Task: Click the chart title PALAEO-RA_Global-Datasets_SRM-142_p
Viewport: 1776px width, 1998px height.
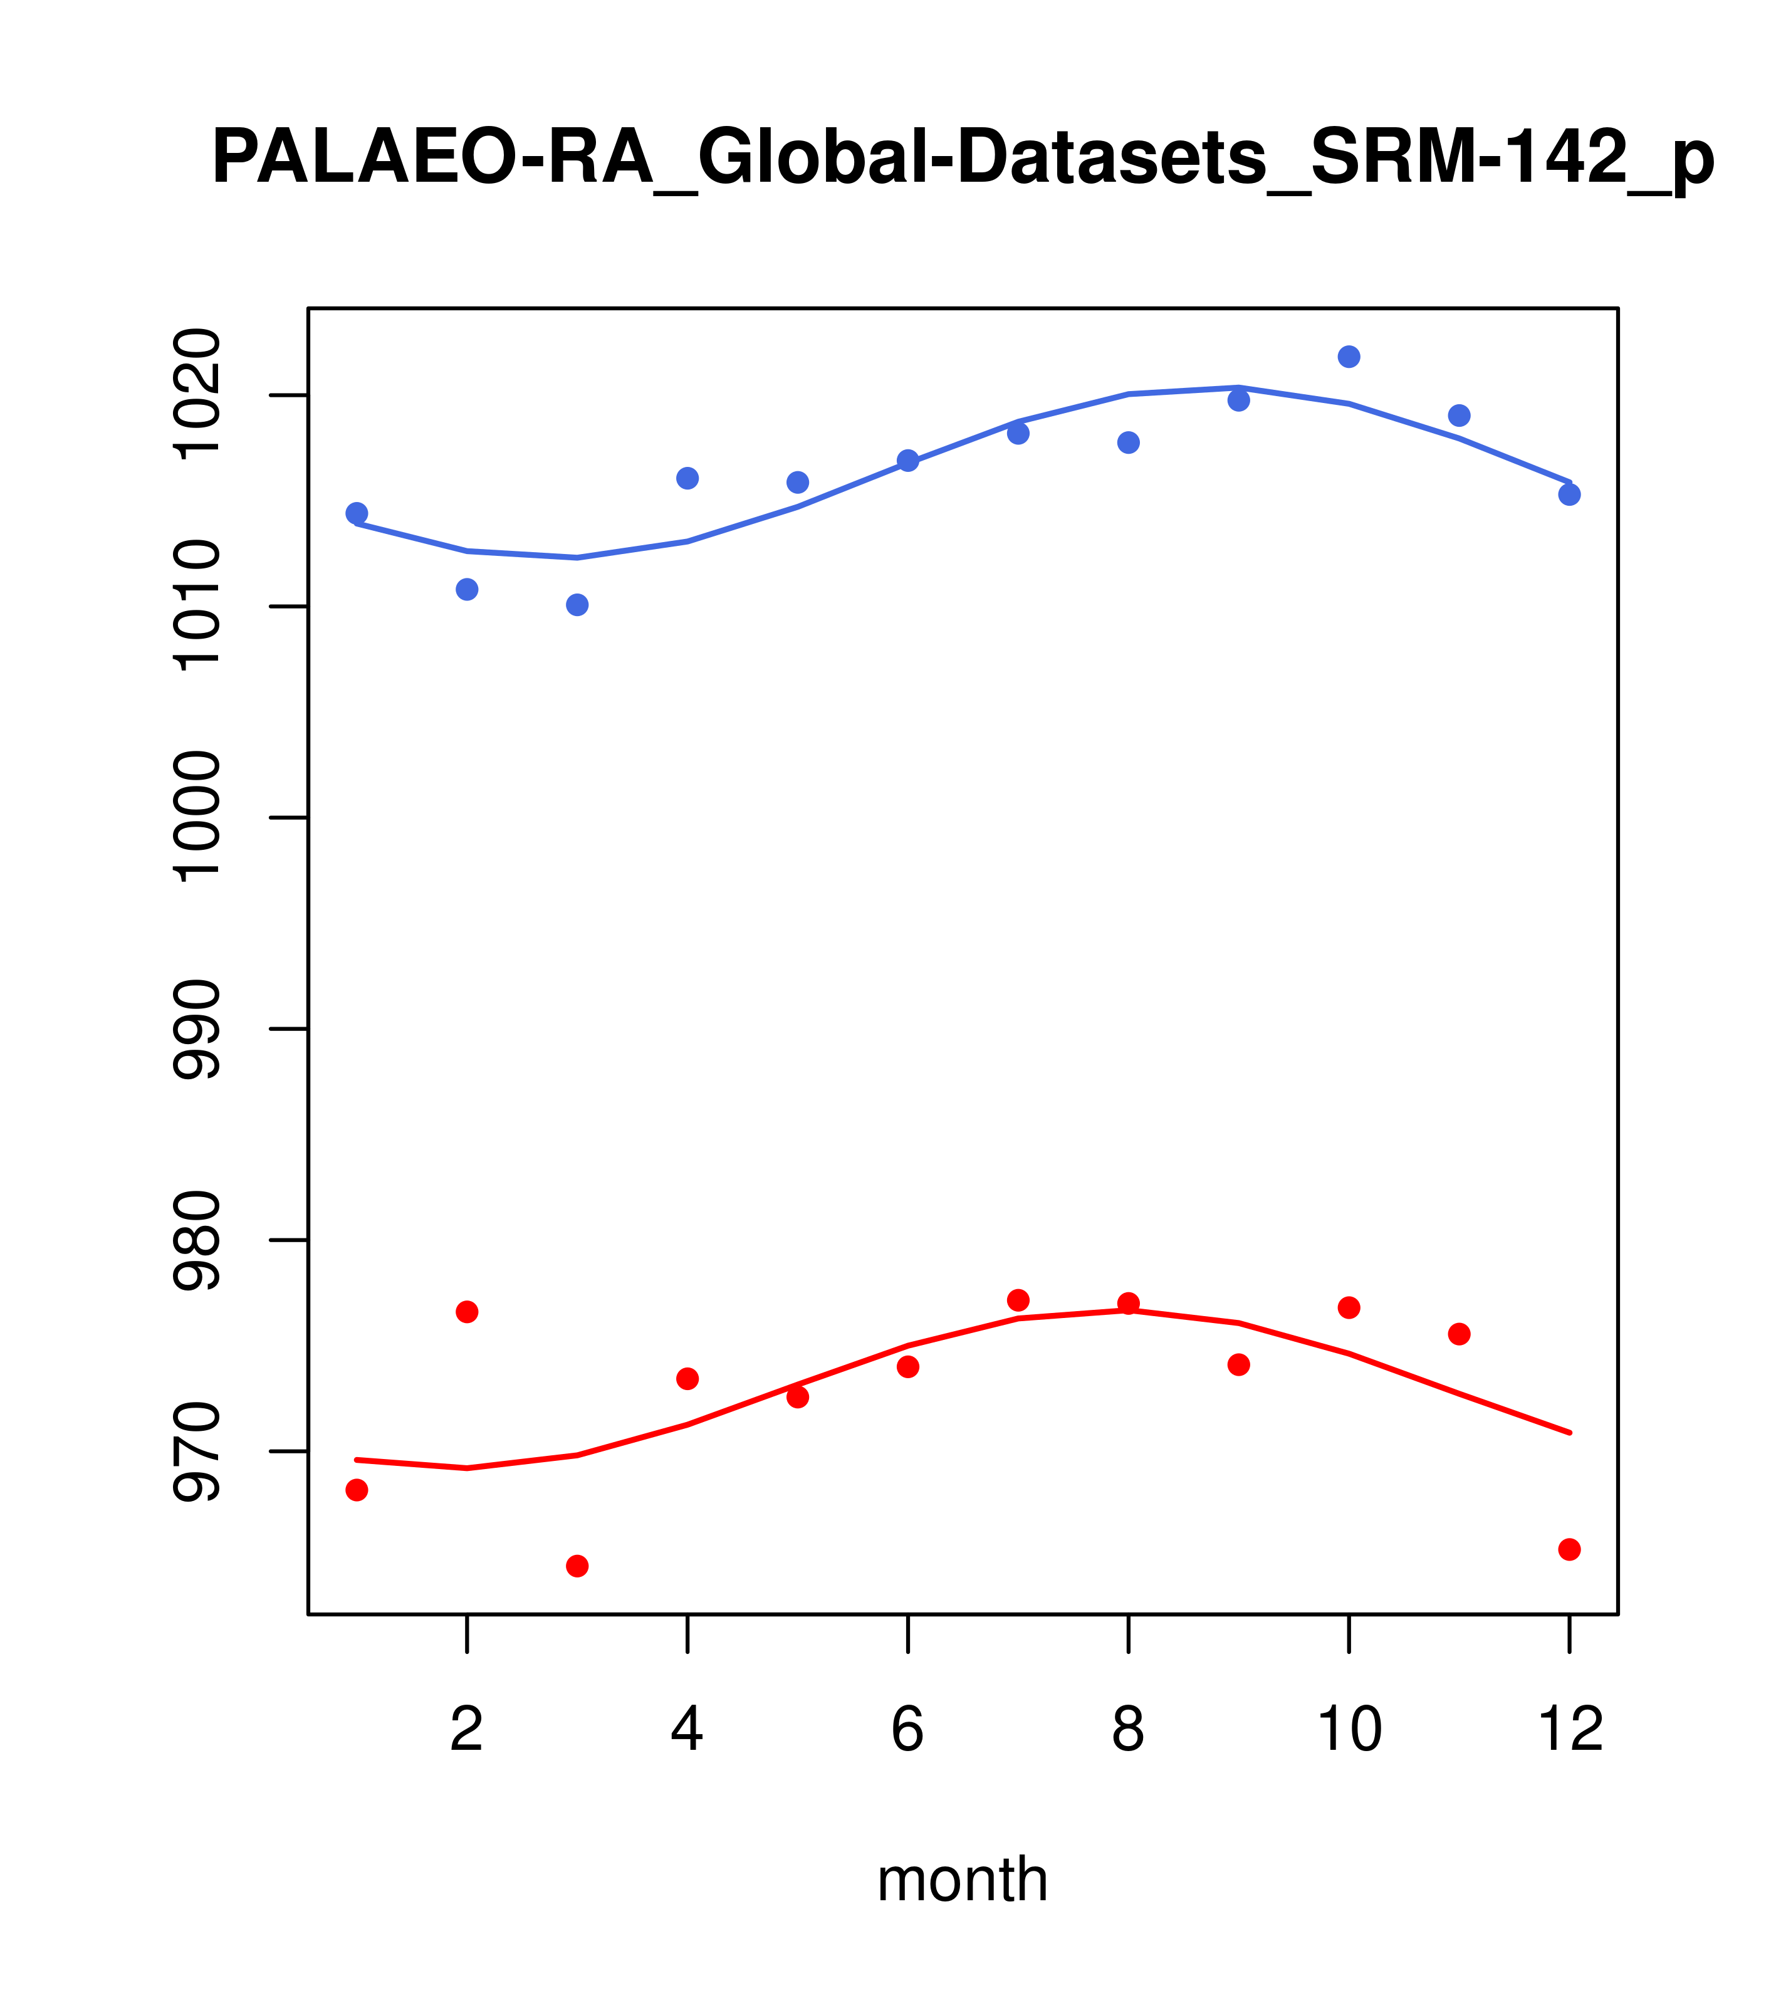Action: (x=962, y=157)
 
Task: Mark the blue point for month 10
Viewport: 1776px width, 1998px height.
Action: (x=1349, y=357)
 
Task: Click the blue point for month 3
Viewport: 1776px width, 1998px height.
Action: (x=578, y=605)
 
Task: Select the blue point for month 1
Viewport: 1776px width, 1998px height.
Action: (x=357, y=513)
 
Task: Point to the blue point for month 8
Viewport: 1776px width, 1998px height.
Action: (x=1128, y=443)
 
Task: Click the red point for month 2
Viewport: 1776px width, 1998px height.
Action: (x=468, y=1312)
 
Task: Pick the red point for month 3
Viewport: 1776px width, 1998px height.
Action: (x=578, y=1566)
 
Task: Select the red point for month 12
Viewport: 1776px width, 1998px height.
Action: (x=1570, y=1549)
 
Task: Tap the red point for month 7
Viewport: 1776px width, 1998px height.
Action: (x=1018, y=1300)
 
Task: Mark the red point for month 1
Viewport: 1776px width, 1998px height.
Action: (x=357, y=1490)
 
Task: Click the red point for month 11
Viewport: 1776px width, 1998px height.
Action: (x=1460, y=1334)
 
